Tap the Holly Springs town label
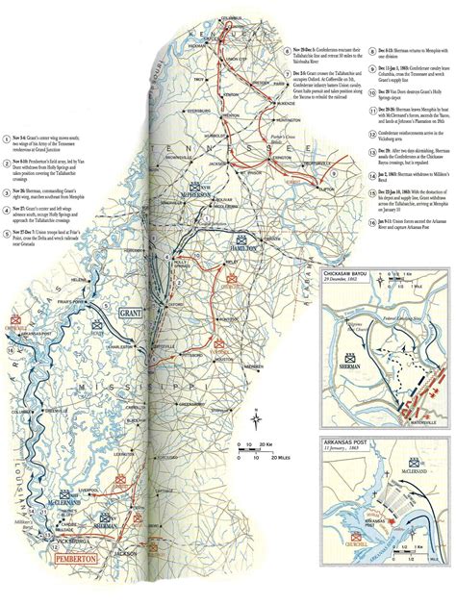point(177,259)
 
